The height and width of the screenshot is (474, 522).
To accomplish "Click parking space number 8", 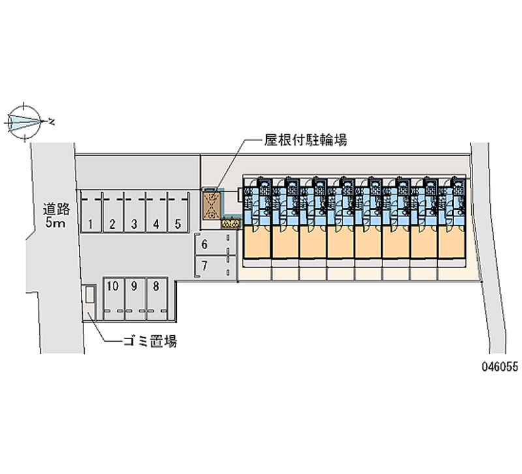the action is coord(157,299).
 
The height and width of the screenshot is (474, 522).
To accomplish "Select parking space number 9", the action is coord(135,299).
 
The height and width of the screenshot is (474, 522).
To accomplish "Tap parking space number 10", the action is coord(114,299).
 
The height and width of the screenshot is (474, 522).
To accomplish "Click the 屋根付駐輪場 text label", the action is coord(305,140).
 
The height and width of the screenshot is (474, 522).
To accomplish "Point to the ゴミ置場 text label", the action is coord(150,341).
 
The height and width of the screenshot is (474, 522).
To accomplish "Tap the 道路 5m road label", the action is coord(56,216).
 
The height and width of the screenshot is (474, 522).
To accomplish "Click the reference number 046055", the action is coord(500,367).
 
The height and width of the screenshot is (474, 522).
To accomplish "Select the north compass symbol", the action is coord(24,122).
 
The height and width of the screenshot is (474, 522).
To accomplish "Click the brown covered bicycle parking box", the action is coord(211,205).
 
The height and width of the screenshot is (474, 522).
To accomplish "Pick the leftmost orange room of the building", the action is coord(257,241).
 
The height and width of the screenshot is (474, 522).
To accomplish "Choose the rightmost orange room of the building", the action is coord(452,241).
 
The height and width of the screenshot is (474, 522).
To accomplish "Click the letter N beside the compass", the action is coord(52,122).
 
